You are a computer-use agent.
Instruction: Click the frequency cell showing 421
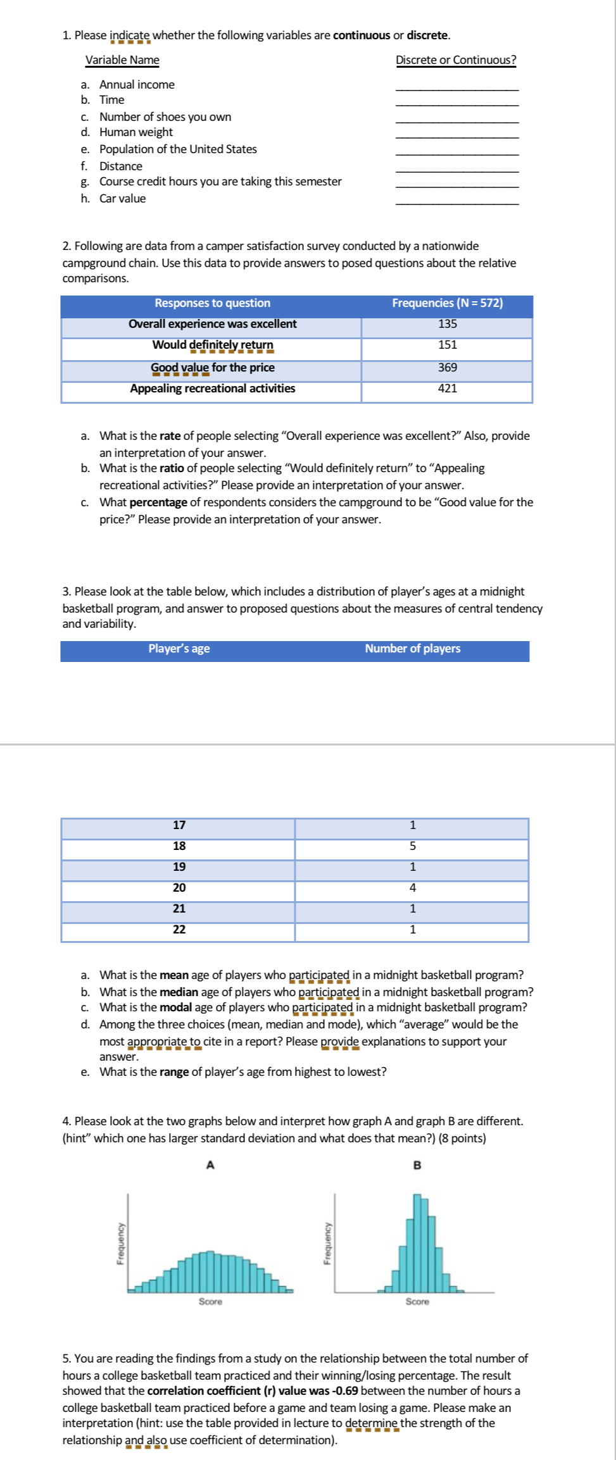(x=447, y=389)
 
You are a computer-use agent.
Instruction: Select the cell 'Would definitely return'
(x=213, y=345)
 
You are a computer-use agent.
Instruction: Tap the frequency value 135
(x=447, y=324)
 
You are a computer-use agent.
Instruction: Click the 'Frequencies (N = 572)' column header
(x=447, y=303)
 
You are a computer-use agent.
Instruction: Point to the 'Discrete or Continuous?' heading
(x=456, y=60)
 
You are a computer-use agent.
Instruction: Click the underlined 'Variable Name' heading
(x=122, y=60)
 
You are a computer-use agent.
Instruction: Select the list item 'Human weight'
(x=135, y=132)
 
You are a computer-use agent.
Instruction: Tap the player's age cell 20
(x=179, y=888)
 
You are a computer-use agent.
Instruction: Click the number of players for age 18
(x=412, y=846)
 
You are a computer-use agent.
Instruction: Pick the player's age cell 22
(x=179, y=930)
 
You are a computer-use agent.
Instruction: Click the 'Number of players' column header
(x=412, y=649)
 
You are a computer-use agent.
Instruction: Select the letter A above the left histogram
(x=211, y=1165)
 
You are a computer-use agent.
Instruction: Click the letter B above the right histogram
(x=417, y=1165)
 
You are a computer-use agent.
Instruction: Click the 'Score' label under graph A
(x=210, y=1302)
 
